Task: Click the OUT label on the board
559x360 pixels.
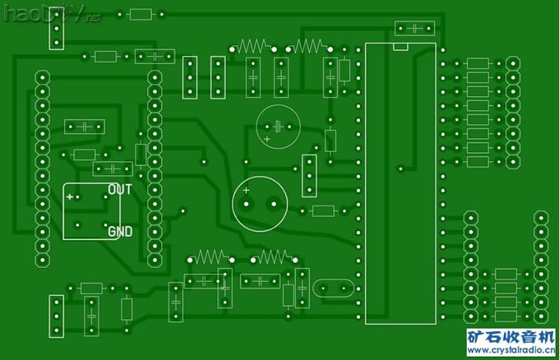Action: tap(120, 189)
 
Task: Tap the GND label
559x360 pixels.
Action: tap(120, 232)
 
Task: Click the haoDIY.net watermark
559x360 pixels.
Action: tap(49, 14)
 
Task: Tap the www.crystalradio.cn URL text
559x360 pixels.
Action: tap(512, 352)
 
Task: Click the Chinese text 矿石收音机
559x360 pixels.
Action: tap(511, 338)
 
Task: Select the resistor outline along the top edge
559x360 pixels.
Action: tap(141, 14)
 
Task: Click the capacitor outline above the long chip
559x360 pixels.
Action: tap(415, 29)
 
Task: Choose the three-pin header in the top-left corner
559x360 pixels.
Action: tap(57, 31)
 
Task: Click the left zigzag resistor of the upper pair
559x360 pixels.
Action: tap(253, 46)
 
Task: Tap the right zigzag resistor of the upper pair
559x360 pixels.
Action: tap(311, 46)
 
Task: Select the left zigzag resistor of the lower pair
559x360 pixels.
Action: tap(211, 257)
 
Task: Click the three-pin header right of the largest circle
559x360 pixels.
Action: tap(309, 175)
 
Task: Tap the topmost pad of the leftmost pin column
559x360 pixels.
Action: tap(41, 76)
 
